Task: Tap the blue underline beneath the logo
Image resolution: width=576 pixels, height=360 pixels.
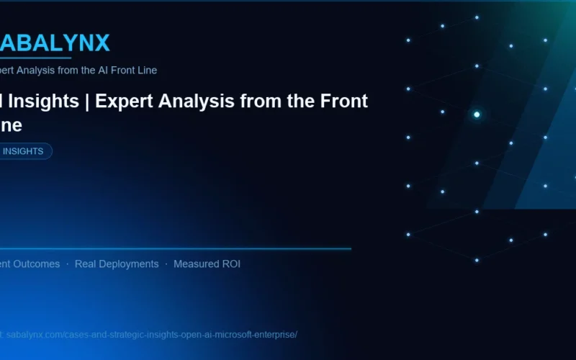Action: pos(36,58)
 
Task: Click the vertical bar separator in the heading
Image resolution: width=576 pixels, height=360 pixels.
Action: pos(86,102)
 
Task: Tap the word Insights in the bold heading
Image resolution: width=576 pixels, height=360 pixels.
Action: pos(43,102)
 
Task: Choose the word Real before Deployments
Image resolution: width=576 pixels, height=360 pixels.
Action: pos(86,264)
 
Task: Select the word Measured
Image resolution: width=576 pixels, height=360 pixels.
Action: pos(196,264)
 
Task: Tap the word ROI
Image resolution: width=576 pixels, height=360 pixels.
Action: pos(231,264)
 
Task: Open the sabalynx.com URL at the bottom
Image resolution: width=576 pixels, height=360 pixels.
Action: pos(151,335)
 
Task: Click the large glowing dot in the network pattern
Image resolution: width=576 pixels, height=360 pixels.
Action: pos(477,114)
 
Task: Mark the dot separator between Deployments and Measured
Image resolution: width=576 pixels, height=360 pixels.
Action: pos(166,264)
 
